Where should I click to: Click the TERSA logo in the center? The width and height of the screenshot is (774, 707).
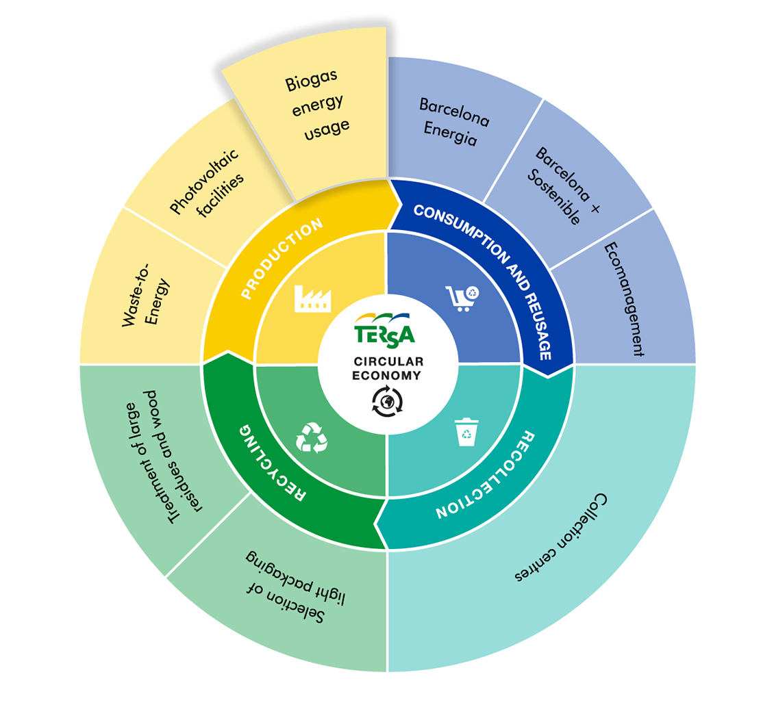[384, 329]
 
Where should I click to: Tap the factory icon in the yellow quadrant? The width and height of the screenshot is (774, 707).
[312, 298]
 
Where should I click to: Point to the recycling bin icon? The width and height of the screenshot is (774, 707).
[466, 432]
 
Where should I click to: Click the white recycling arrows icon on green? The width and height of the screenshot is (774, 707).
[312, 437]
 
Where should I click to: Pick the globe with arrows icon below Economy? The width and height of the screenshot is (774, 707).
[388, 401]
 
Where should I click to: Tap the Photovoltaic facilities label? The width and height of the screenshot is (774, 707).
[207, 183]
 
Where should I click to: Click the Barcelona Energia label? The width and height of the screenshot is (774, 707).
[453, 121]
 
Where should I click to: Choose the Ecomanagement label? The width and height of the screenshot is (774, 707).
[624, 299]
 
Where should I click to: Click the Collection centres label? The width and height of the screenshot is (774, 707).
[561, 537]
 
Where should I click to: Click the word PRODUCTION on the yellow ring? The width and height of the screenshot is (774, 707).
[282, 258]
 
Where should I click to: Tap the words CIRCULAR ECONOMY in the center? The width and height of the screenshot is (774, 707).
[388, 368]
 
